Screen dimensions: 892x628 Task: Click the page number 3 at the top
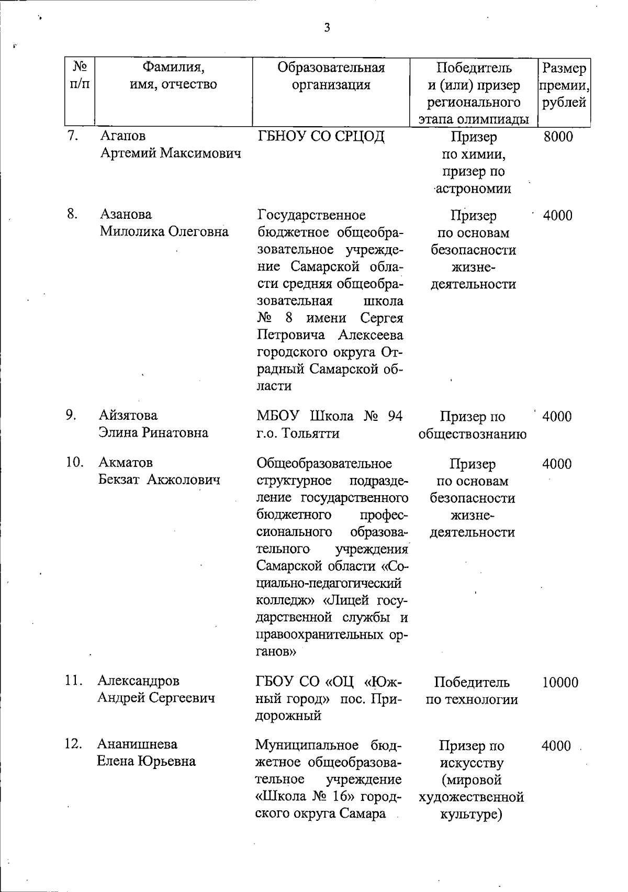pos(327,28)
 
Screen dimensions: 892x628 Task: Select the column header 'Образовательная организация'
pos(331,76)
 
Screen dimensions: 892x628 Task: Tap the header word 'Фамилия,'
pos(173,68)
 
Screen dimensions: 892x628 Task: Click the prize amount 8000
pos(558,137)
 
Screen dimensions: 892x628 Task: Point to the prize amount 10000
pos(560,683)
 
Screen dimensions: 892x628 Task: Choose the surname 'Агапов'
pos(123,136)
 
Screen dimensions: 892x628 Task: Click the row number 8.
pos(72,215)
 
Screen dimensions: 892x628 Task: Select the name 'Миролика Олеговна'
pos(164,232)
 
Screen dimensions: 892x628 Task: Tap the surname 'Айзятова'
pos(128,416)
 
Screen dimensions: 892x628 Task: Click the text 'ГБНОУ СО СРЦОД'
pos(321,137)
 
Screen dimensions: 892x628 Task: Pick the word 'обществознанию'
pos(473,434)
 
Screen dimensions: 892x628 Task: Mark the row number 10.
pos(75,463)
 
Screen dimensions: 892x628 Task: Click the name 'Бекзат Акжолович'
pos(160,480)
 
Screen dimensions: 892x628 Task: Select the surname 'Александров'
pos(138,681)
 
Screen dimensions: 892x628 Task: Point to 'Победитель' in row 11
pos(472,683)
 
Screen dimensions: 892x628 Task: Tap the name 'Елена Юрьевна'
pos(147,761)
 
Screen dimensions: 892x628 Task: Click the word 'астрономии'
pos(474,189)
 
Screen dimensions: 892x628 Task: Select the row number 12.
pos(74,744)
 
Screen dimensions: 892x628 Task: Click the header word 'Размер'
pos(564,68)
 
